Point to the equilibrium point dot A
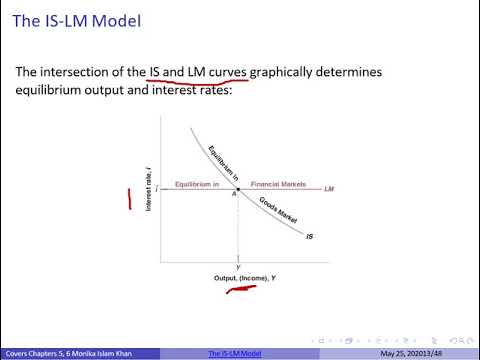click(238, 188)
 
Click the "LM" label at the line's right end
click(329, 187)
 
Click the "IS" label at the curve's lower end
click(309, 237)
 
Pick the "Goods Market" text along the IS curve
click(276, 213)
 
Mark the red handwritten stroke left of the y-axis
click(129, 199)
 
